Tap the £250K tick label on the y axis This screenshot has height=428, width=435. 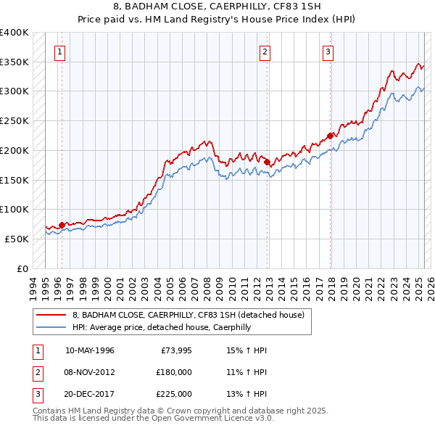tap(14, 120)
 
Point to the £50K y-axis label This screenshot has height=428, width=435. tap(17, 239)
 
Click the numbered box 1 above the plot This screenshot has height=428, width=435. tap(59, 52)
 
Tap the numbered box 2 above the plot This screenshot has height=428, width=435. tap(265, 52)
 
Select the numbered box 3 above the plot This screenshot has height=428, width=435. tap(328, 52)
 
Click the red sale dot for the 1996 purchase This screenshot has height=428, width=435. tap(62, 225)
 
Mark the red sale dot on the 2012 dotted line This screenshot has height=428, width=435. tap(268, 162)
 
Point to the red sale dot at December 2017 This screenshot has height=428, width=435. tap(331, 135)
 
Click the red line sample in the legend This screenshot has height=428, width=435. tap(51, 315)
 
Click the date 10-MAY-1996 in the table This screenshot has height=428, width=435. tap(89, 350)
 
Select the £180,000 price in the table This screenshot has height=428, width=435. tap(174, 372)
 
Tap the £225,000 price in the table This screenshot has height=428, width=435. tap(174, 394)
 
